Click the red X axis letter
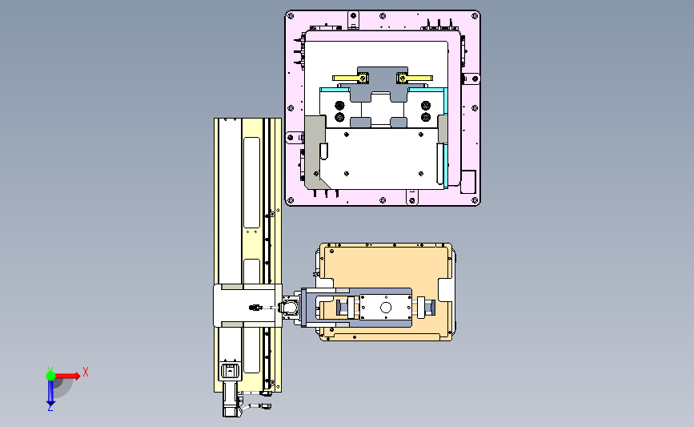click(86, 372)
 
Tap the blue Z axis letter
click(50, 408)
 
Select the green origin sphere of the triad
click(50, 376)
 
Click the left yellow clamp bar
click(350, 79)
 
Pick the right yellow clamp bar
click(415, 79)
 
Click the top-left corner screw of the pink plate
click(291, 16)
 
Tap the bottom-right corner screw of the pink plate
click(475, 200)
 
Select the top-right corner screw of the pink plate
click(475, 16)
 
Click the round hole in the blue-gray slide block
click(386, 308)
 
